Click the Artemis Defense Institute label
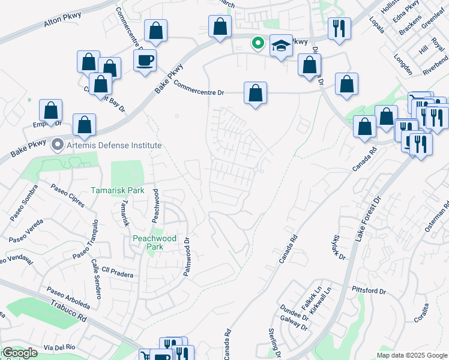point(114,145)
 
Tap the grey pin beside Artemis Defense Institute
point(58,145)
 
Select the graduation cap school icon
point(281,46)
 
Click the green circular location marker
point(258,43)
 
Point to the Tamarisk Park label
point(118,190)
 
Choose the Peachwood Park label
point(154,242)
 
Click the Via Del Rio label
point(58,348)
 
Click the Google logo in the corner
point(20,353)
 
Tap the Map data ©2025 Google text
point(412,355)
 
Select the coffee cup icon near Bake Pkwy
point(145,60)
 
